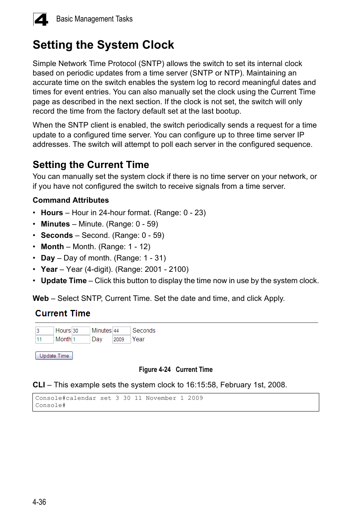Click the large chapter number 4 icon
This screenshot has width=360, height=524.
pyautogui.click(x=41, y=19)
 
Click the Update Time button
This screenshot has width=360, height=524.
pyautogui.click(x=54, y=356)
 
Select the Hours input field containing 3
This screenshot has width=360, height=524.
pyautogui.click(x=44, y=331)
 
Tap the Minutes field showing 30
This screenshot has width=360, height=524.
pyautogui.click(x=81, y=331)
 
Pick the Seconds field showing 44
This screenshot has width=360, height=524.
pyautogui.click(x=121, y=331)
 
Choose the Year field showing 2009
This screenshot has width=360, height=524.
pyautogui.click(x=121, y=339)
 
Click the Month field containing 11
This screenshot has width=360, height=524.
pyautogui.click(x=44, y=339)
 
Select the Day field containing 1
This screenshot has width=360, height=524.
pyautogui.click(x=81, y=339)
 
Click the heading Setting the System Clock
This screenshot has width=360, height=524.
pyautogui.click(x=103, y=45)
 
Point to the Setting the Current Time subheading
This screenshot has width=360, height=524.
pyautogui.click(x=91, y=165)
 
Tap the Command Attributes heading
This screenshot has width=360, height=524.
pyautogui.click(x=71, y=200)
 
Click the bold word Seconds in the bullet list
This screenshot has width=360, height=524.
pyautogui.click(x=57, y=235)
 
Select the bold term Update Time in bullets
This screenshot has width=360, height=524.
pyautogui.click(x=63, y=280)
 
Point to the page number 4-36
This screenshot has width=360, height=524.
pyautogui.click(x=39, y=502)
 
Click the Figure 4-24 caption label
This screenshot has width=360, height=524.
pyautogui.click(x=155, y=370)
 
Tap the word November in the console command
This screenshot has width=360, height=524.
pyautogui.click(x=161, y=398)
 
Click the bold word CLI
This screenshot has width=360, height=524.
pyautogui.click(x=38, y=385)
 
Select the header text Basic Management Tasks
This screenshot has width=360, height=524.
pyautogui.click(x=94, y=19)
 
